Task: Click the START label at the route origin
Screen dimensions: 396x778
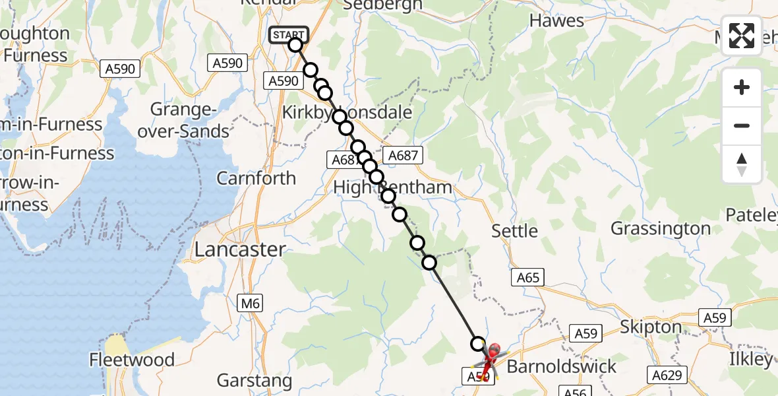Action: click(x=288, y=34)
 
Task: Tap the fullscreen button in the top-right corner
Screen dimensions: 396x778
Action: click(x=742, y=36)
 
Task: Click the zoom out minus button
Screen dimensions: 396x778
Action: click(x=742, y=125)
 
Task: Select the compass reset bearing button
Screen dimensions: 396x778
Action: click(x=742, y=164)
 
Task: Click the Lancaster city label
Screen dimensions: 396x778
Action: click(x=240, y=249)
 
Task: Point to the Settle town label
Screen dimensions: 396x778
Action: click(x=515, y=231)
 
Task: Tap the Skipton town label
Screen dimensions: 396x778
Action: click(x=651, y=327)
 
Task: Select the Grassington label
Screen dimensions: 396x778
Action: click(x=661, y=229)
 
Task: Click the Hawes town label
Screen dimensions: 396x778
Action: click(x=557, y=21)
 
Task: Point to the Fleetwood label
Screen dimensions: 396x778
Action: click(x=133, y=360)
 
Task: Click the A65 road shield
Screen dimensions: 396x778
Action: click(x=528, y=278)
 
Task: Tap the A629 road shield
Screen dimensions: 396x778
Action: click(x=669, y=375)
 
